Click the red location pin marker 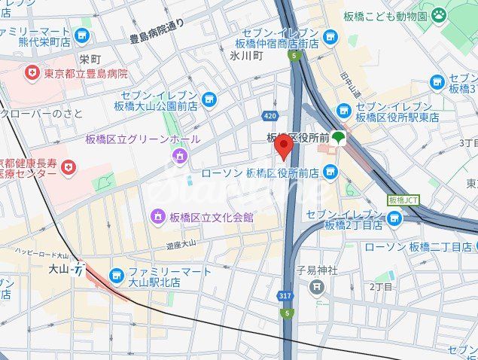coord(283,146)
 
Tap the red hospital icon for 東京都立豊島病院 coord(32,73)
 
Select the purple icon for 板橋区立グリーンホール coord(180,156)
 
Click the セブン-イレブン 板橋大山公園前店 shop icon coord(209,99)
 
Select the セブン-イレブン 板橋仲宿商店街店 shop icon coord(330,36)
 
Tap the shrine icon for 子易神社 coord(317,286)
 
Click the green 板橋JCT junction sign coord(403,200)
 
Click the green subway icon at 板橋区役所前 coord(339,137)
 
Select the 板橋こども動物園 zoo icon coord(440,14)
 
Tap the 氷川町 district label coord(245,55)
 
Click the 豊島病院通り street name coord(157,25)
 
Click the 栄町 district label coord(90,59)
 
